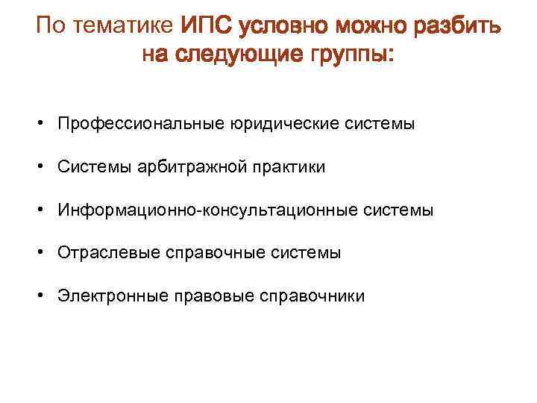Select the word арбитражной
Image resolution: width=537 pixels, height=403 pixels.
pyautogui.click(x=190, y=166)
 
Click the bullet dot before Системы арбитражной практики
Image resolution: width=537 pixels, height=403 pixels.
pyautogui.click(x=45, y=166)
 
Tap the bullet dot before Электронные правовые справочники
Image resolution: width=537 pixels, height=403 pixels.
pyautogui.click(x=45, y=296)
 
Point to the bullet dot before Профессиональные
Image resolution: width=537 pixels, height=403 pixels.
pyautogui.click(x=45, y=123)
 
